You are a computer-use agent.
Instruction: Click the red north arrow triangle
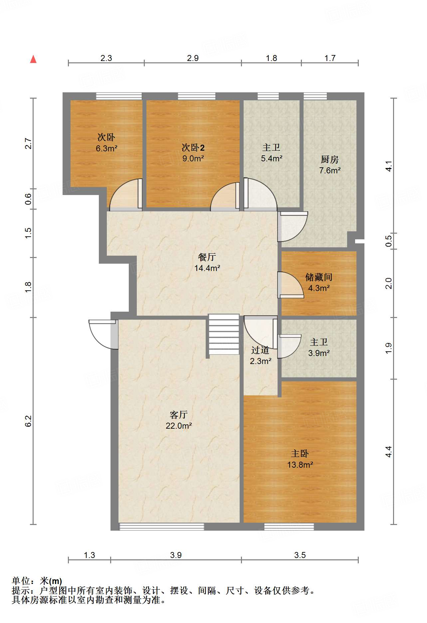click(x=33, y=59)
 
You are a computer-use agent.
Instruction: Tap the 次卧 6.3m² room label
click(x=106, y=143)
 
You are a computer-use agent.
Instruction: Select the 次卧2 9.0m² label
click(x=193, y=153)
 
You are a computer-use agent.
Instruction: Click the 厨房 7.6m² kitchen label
click(x=330, y=165)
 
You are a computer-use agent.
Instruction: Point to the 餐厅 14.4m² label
click(x=207, y=262)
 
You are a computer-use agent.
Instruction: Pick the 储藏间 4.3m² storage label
click(x=319, y=282)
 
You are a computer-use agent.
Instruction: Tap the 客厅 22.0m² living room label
click(x=179, y=420)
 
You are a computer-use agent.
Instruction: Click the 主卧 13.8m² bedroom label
click(x=300, y=459)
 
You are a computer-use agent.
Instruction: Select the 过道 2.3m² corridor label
click(x=260, y=355)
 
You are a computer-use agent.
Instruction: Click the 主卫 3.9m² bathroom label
click(x=319, y=347)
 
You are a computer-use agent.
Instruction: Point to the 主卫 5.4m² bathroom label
click(x=272, y=153)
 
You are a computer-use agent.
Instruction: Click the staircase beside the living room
click(x=224, y=334)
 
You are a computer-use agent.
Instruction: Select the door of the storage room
click(x=290, y=285)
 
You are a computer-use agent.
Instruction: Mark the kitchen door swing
click(x=293, y=226)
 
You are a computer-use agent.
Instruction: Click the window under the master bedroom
click(x=289, y=527)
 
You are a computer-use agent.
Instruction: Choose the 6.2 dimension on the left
click(x=28, y=421)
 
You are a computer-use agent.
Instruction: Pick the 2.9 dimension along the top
click(x=193, y=58)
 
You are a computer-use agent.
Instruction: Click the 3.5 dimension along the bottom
click(x=300, y=555)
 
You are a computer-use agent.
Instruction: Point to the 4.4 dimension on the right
click(x=389, y=452)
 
